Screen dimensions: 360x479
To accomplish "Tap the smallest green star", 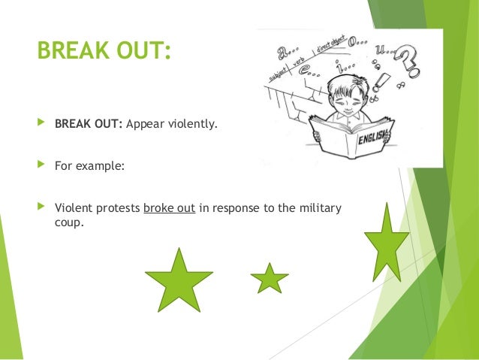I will point(269,279).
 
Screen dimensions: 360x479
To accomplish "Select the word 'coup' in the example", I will point(67,222).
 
